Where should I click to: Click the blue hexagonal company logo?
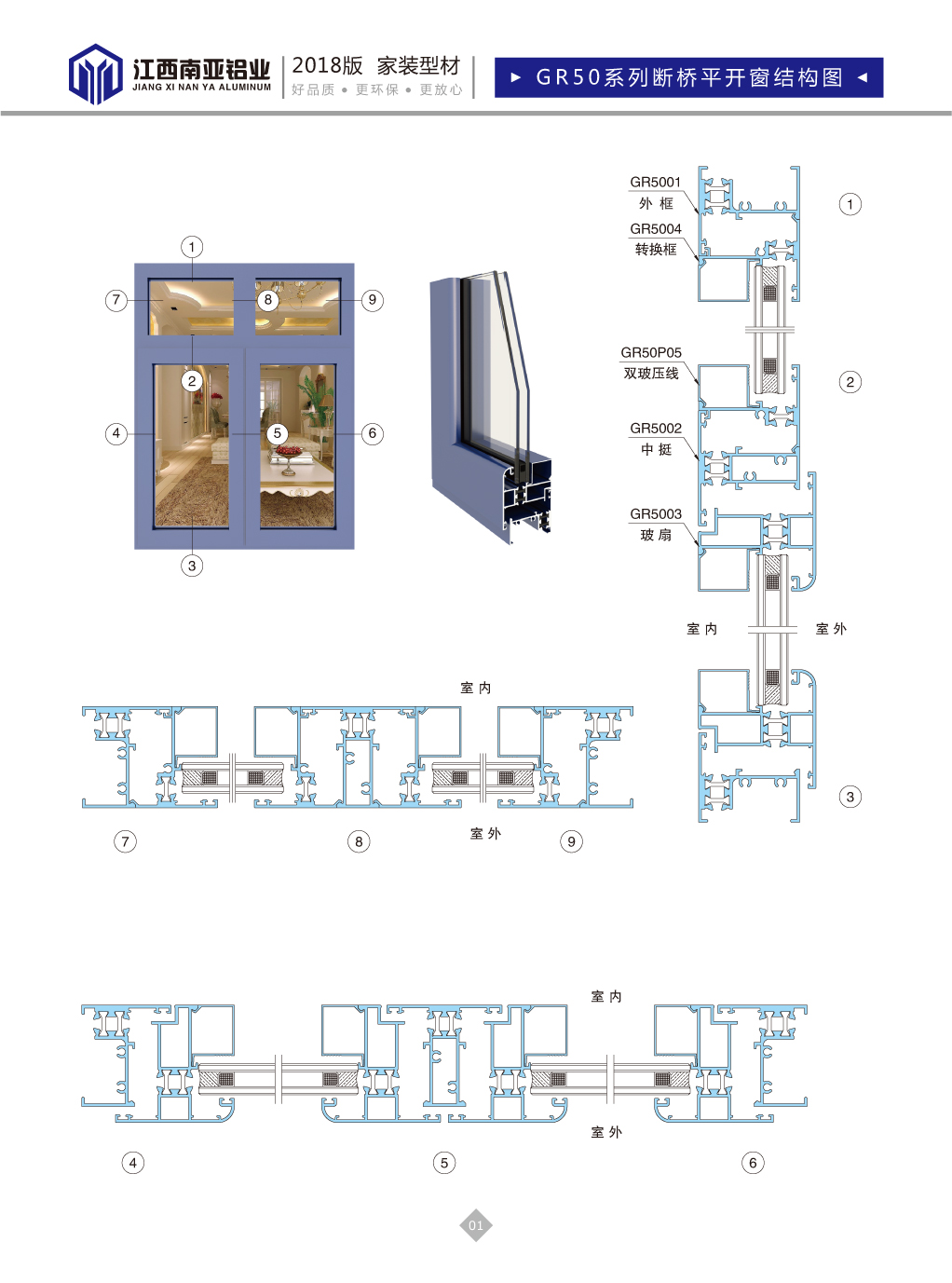(95, 74)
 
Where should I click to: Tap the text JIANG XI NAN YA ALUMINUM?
(202, 88)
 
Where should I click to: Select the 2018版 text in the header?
(327, 66)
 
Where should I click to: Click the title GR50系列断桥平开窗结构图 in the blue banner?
(689, 77)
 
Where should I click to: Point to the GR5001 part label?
(655, 182)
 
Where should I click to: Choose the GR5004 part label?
(655, 228)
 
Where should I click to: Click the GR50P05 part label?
(651, 352)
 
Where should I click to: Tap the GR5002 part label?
(655, 428)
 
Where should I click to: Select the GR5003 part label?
(655, 513)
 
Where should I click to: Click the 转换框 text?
(656, 250)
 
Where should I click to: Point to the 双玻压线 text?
(651, 373)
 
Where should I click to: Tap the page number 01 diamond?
(475, 1224)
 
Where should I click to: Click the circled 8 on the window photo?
(267, 300)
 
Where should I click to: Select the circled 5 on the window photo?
(277, 433)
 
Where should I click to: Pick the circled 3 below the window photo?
(192, 566)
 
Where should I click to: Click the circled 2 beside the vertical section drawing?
(850, 382)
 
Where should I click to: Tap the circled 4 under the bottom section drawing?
(132, 1163)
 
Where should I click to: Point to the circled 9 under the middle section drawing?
(571, 841)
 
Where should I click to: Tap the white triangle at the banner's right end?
(862, 77)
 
